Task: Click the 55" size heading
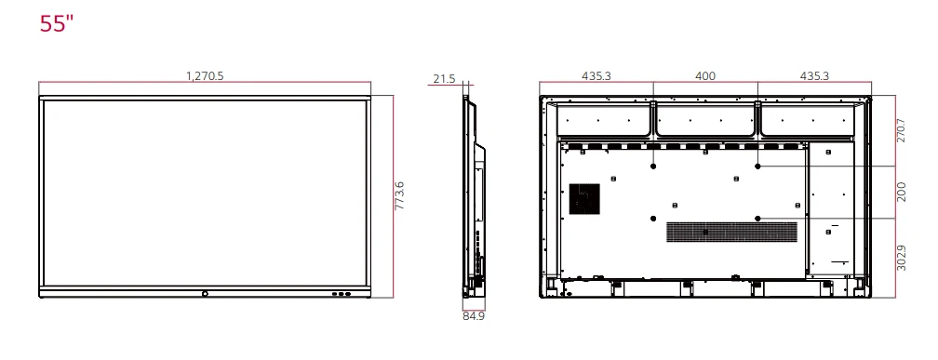[x=56, y=24]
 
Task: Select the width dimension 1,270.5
[x=205, y=76]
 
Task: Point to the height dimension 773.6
[x=401, y=195]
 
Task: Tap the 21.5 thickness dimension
[x=445, y=80]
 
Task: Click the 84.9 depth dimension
[x=474, y=315]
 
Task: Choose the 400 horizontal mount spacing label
[x=705, y=76]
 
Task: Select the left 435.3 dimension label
[x=596, y=76]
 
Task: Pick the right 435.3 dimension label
[x=814, y=76]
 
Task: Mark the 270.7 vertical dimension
[x=901, y=130]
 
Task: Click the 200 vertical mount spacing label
[x=901, y=192]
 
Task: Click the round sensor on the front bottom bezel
[x=205, y=294]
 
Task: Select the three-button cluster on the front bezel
[x=342, y=294]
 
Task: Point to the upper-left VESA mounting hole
[x=654, y=167]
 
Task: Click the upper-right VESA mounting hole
[x=758, y=167]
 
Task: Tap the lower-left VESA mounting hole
[x=654, y=219]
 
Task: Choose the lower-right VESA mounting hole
[x=758, y=219]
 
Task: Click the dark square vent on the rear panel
[x=584, y=198]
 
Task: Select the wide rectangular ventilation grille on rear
[x=731, y=233]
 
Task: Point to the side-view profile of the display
[x=474, y=195]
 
